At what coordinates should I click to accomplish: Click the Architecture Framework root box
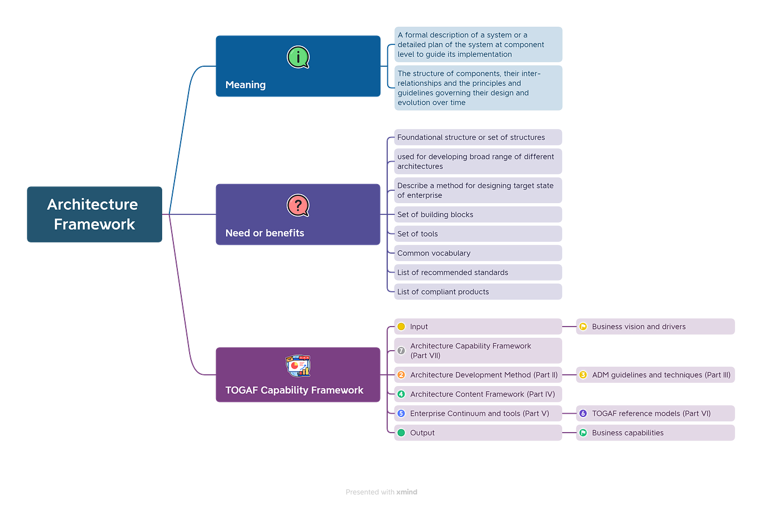tap(94, 214)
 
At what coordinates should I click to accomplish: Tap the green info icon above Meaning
tap(298, 57)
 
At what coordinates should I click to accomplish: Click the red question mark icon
tap(298, 205)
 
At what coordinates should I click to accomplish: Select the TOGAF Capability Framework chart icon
tap(298, 366)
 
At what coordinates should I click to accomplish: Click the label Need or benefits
tap(264, 233)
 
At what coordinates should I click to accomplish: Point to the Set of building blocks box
tap(478, 214)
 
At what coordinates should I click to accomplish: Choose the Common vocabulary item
tap(478, 253)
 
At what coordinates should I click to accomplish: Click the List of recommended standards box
tap(478, 272)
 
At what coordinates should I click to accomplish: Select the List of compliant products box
tap(478, 292)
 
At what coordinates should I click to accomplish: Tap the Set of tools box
tap(478, 233)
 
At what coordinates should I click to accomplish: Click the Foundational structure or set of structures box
tap(478, 137)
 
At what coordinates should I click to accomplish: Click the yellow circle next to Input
tap(401, 327)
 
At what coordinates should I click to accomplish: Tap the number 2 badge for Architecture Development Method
tap(401, 375)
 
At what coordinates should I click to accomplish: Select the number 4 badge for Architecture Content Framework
tap(401, 394)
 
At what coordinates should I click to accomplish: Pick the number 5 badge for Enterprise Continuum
tap(401, 414)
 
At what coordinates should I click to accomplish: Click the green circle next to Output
tap(401, 433)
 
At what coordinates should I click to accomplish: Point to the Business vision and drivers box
tap(655, 327)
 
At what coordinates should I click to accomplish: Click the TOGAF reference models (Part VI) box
tap(655, 414)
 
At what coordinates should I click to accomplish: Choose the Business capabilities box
tap(655, 433)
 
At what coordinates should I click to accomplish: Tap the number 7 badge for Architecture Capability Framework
tap(401, 351)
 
